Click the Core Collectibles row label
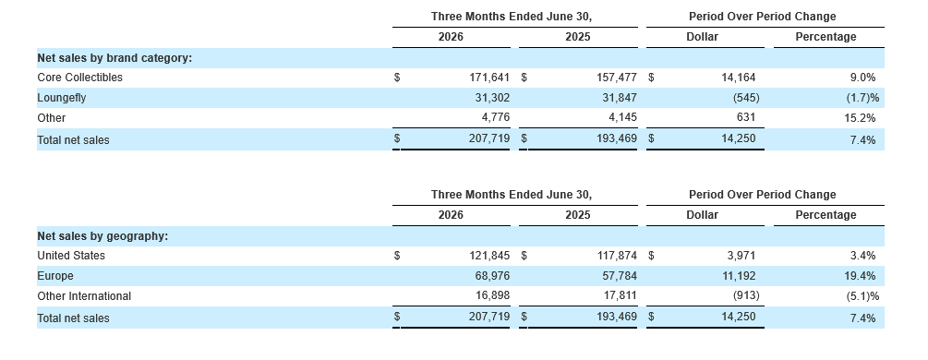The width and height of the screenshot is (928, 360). click(80, 78)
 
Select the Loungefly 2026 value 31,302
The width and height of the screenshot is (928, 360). click(492, 98)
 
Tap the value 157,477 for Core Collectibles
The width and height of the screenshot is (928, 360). click(617, 78)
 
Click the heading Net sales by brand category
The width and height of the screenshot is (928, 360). click(114, 58)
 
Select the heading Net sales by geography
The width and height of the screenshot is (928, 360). click(103, 236)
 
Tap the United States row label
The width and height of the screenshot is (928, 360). click(71, 256)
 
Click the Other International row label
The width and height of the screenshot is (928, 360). click(84, 296)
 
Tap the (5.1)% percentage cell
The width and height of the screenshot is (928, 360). click(862, 296)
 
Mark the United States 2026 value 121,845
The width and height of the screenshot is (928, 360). click(489, 256)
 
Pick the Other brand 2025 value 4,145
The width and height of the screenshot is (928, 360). click(622, 118)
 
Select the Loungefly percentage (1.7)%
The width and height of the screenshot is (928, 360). click(862, 98)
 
